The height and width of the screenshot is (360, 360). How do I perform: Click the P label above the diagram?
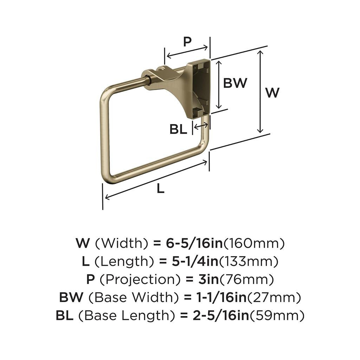point(187,42)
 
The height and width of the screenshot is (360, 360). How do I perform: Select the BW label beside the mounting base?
point(235,83)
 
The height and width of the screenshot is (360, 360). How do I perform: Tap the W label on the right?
point(272,93)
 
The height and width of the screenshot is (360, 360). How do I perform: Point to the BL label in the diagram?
point(178,129)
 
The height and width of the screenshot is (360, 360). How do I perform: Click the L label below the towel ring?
point(160,189)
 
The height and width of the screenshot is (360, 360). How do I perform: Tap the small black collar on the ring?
point(149,81)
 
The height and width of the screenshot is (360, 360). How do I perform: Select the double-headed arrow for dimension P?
point(187,51)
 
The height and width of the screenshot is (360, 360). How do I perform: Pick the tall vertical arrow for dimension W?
point(260,91)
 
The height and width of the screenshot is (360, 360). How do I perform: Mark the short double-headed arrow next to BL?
point(201,125)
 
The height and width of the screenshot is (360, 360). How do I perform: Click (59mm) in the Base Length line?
point(277,316)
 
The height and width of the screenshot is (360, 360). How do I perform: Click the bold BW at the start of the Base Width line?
point(71,298)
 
